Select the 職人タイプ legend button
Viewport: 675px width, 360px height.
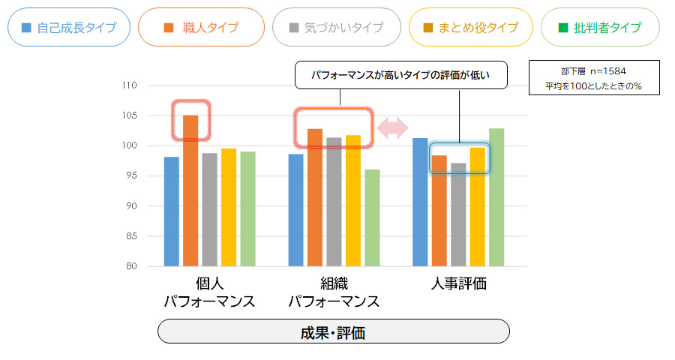pyautogui.click(x=201, y=28)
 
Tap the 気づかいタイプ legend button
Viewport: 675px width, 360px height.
pyautogui.click(x=337, y=28)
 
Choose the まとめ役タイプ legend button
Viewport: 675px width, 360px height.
pyautogui.click(x=470, y=28)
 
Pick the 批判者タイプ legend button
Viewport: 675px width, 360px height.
pyautogui.click(x=600, y=28)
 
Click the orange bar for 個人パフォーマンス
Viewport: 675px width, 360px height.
pyautogui.click(x=190, y=191)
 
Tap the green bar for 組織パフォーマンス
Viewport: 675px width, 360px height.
pyautogui.click(x=372, y=217)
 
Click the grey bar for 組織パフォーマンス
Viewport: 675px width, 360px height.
pyautogui.click(x=334, y=202)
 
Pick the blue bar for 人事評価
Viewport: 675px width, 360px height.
pyautogui.click(x=420, y=202)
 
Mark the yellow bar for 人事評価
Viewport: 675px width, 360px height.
pyautogui.click(x=477, y=207)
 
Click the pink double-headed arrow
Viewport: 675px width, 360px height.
pyautogui.click(x=392, y=127)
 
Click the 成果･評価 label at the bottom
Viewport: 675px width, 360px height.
pyautogui.click(x=333, y=331)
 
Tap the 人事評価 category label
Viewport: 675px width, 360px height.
pyautogui.click(x=458, y=284)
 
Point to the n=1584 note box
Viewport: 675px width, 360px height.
pyautogui.click(x=593, y=79)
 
